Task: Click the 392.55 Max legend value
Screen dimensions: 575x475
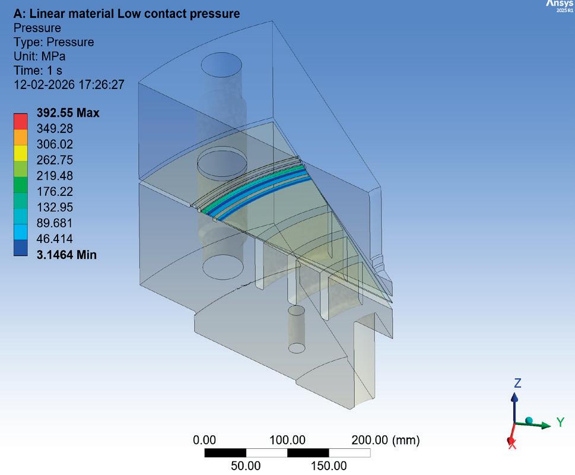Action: (68, 113)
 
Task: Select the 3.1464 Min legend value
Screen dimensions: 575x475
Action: (66, 255)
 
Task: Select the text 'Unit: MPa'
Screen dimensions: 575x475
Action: (39, 57)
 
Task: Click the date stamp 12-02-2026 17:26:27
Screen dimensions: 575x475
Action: (69, 85)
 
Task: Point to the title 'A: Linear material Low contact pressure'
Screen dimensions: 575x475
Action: (127, 13)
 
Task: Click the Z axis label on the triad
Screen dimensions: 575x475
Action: (517, 384)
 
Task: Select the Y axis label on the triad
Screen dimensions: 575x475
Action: (560, 422)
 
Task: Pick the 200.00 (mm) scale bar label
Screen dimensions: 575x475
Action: (386, 441)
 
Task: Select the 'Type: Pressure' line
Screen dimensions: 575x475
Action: (53, 42)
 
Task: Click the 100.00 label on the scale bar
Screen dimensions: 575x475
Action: (287, 441)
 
